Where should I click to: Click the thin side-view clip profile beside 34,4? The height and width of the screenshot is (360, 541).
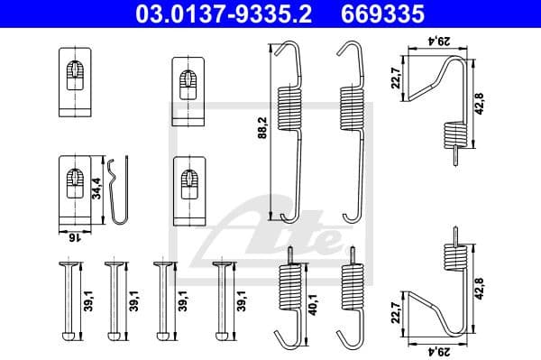[x=116, y=189]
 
